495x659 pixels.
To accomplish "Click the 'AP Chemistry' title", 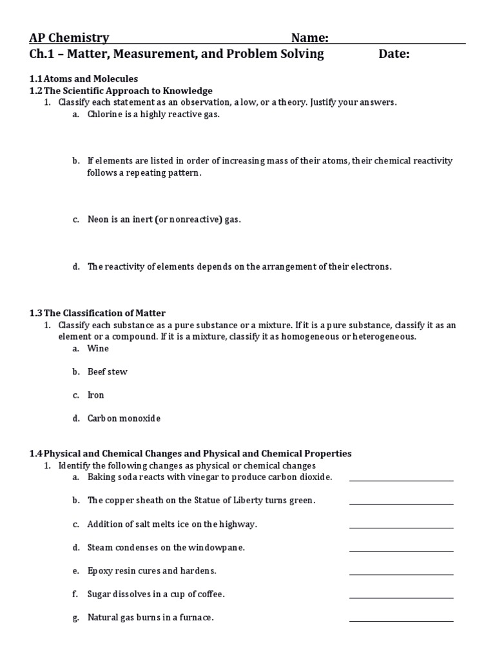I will [x=69, y=38].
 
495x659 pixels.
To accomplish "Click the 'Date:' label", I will [x=394, y=54].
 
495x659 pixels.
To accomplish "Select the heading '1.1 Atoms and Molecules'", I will [x=83, y=79].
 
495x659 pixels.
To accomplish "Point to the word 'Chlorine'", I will [x=106, y=115].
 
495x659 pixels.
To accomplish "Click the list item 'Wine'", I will [x=98, y=349].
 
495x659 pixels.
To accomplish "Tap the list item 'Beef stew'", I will [x=107, y=372].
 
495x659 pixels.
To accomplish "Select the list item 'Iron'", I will [x=95, y=395].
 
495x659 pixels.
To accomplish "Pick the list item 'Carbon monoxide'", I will [x=124, y=418].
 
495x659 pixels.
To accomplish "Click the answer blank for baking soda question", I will [x=401, y=479].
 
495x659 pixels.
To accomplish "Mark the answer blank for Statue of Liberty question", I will [x=401, y=502].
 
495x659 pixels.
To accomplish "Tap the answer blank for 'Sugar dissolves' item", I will [x=401, y=596].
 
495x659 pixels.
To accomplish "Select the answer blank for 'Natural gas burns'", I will [x=401, y=619].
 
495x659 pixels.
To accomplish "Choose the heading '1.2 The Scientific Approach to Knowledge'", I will [x=121, y=91].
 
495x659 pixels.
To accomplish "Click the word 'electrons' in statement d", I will [x=371, y=266].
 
